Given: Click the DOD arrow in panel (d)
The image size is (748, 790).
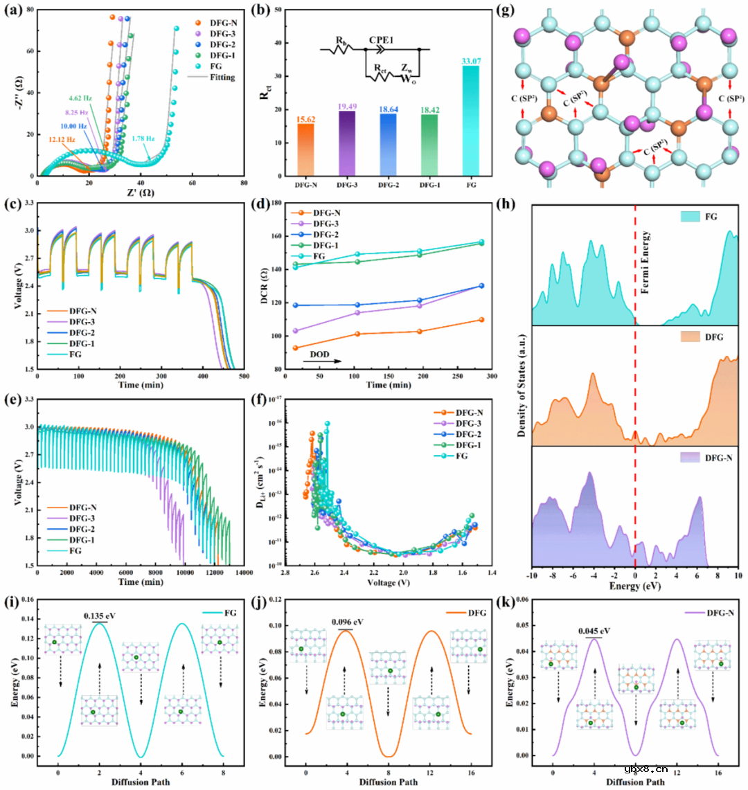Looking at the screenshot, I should coord(321,359).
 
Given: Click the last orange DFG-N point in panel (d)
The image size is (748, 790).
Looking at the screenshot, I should coord(481,319).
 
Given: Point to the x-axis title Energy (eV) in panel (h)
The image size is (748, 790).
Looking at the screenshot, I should coord(635,585).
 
